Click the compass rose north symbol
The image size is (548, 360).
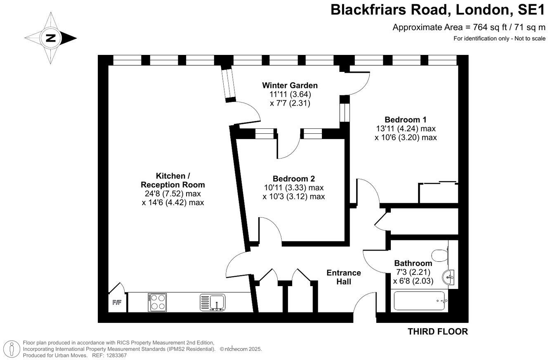tap(51, 38)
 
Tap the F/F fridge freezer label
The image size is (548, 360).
tap(117, 303)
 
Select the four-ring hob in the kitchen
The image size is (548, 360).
tap(157, 302)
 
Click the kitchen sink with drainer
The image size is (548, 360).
tap(213, 302)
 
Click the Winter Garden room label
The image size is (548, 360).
tap(290, 85)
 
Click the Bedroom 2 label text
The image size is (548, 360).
tap(293, 179)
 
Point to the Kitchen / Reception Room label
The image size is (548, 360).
tap(173, 180)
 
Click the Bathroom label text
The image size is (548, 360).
tap(413, 263)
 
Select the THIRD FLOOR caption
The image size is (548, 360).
tap(438, 332)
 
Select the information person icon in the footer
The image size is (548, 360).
tap(12, 349)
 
